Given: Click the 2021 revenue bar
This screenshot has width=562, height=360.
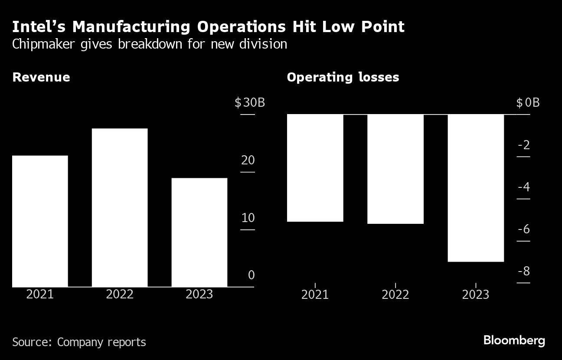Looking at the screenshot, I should coord(40,221).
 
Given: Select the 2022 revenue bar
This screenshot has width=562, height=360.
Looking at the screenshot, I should coord(120,207).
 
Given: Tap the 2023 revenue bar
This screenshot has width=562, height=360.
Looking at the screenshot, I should coord(199,232).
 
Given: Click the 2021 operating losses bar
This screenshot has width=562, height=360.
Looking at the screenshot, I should coord(315,168).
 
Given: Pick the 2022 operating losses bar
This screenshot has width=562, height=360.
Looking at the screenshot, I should coord(395,169).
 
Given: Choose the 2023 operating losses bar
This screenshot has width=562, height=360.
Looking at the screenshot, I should coord(476,188).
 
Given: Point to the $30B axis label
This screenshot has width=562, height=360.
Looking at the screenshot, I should coord(250,103).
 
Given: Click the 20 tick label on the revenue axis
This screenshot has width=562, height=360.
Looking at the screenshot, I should coord(248,160).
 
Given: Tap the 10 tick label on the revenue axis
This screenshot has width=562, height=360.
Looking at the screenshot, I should coord(248,218).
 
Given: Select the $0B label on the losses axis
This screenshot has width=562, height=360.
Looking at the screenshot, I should coord(528,103).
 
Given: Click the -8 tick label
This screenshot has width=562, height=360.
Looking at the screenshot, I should coord(524,272).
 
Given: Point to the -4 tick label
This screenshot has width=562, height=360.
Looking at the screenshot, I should coord(524,187).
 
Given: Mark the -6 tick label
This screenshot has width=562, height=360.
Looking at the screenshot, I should coord(524,229).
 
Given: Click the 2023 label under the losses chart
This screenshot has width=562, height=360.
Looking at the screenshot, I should coord(476,295).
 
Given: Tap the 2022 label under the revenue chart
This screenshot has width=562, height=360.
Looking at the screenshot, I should coord(120,294).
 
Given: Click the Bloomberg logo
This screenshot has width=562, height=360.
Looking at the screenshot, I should coord(514,340).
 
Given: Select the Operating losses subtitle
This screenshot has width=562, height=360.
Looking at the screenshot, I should coord(343,78).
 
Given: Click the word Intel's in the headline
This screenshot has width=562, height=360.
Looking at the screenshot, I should coord(39,27).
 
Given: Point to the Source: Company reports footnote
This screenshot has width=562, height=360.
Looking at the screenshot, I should coord(79,342).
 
